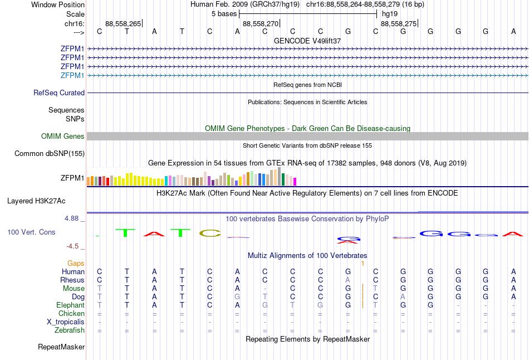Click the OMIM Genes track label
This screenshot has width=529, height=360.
[62, 137]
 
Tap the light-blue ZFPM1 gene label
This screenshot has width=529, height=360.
[72, 75]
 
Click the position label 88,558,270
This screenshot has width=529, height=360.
[260, 24]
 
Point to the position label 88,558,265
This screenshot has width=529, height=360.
[123, 24]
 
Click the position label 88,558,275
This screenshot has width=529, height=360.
[398, 24]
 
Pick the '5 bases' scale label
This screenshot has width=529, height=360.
[224, 13]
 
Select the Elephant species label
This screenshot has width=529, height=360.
[70, 305]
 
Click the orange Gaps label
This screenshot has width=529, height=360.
[76, 263]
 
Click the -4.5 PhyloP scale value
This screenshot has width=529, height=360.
[72, 246]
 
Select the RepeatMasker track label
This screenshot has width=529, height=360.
[61, 347]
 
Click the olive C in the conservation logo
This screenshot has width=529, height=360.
[210, 233]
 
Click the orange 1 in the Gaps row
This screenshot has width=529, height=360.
[363, 263]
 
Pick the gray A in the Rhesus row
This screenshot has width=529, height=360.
[347, 280]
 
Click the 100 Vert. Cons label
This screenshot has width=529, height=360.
[31, 232]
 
